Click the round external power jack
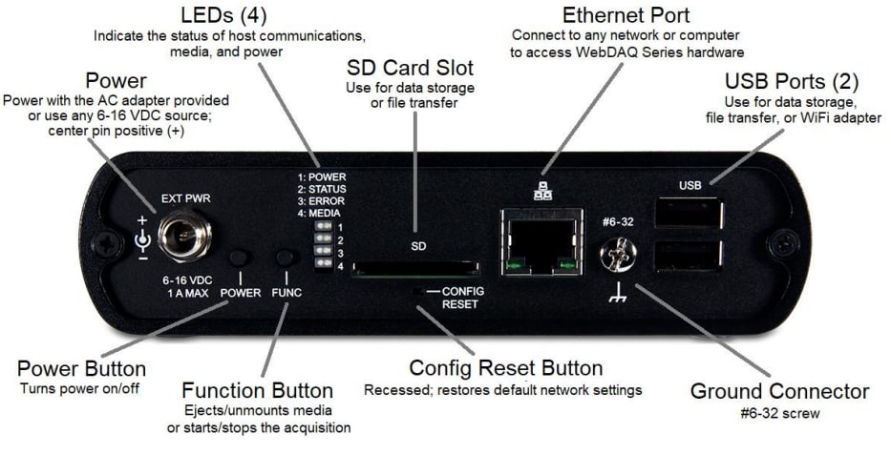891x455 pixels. (185, 235)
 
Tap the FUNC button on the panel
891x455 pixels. (284, 259)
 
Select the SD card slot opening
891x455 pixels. (414, 270)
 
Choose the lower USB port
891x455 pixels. (687, 256)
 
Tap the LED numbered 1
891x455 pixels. (324, 227)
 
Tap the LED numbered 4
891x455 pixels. (324, 264)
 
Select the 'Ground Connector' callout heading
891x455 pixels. (779, 391)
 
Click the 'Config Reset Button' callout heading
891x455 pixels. (505, 368)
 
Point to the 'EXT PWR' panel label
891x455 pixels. (186, 198)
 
